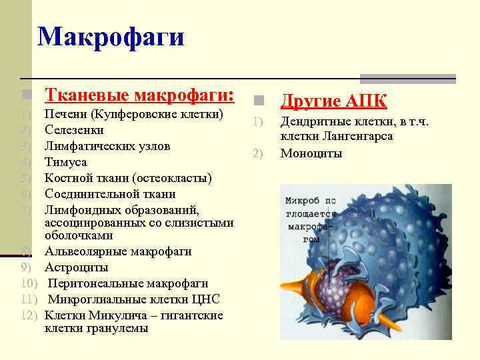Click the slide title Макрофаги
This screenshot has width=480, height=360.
point(111,37)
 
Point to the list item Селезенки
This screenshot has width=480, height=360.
point(73,130)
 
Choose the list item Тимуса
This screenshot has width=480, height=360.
point(65,162)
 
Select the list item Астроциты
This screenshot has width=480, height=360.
point(76,267)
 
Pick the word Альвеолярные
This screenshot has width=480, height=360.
point(83,251)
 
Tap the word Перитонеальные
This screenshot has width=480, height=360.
point(90,283)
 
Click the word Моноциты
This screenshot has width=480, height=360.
point(311,153)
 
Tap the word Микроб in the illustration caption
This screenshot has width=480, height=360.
point(299,201)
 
